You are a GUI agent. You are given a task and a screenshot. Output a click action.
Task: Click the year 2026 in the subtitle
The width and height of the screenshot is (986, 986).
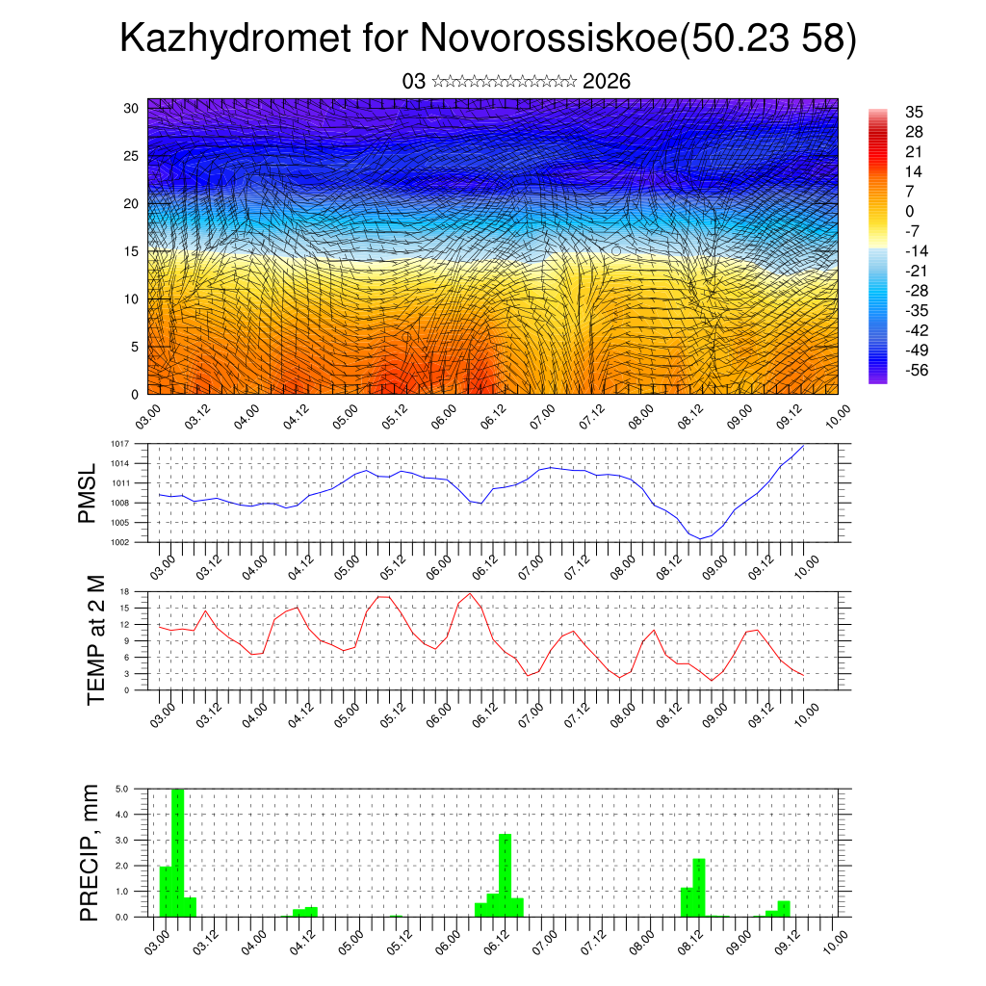pos(607,82)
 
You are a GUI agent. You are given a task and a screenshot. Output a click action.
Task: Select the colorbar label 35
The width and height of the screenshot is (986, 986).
pos(914,113)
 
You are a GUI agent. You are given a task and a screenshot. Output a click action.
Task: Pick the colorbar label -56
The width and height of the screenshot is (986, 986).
pos(917,371)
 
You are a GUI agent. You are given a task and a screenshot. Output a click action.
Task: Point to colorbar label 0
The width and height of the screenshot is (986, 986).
pos(910,212)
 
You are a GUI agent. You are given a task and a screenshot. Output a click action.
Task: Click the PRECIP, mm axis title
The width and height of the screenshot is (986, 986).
pos(91,851)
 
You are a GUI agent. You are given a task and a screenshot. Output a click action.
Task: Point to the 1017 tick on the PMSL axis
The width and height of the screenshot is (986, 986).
pos(120,444)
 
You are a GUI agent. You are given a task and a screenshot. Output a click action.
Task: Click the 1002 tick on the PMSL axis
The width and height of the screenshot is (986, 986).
pos(120,542)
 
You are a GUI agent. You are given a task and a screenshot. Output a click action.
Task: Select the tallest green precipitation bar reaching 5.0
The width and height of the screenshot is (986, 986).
pos(177,852)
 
